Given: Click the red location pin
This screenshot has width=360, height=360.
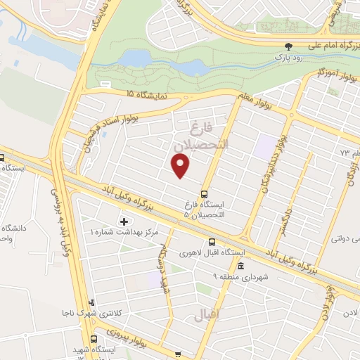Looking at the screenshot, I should (x=181, y=166).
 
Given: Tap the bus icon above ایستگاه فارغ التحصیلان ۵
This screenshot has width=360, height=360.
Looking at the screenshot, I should (x=205, y=193).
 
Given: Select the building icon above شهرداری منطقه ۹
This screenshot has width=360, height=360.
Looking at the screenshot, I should (x=240, y=266).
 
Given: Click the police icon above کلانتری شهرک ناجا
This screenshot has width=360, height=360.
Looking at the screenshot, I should (x=91, y=303).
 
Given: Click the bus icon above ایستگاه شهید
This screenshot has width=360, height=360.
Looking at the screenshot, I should (x=177, y=354).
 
